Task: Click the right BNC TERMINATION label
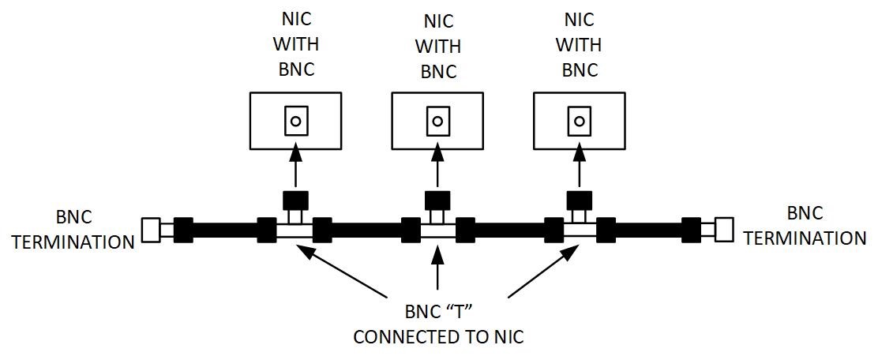pyautogui.click(x=805, y=225)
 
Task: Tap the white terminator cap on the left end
pyautogui.click(x=151, y=230)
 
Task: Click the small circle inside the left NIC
pyautogui.click(x=295, y=122)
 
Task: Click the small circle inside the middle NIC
pyautogui.click(x=437, y=122)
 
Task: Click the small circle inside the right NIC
pyautogui.click(x=580, y=122)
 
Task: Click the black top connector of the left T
pyautogui.click(x=295, y=199)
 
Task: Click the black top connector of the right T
pyautogui.click(x=580, y=199)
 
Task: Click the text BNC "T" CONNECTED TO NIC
pyautogui.click(x=438, y=324)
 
